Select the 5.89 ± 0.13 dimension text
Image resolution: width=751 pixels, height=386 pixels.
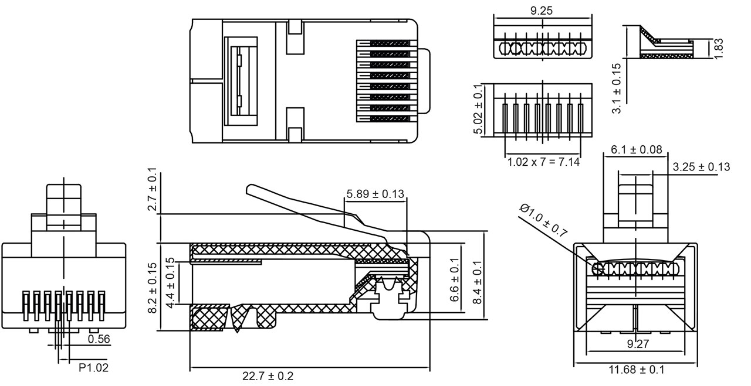click(375, 194)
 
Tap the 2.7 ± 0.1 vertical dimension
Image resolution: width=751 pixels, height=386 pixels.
click(153, 190)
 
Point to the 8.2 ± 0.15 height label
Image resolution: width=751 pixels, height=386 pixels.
click(153, 288)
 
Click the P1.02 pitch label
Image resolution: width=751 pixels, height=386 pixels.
click(93, 368)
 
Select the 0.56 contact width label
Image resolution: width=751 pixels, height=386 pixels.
click(99, 339)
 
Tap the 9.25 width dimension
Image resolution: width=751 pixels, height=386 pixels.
click(541, 11)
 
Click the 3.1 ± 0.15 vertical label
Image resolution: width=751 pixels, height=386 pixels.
click(615, 88)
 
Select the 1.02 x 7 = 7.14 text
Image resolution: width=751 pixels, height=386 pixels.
click(543, 161)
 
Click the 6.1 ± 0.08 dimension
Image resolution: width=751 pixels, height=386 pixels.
click(637, 150)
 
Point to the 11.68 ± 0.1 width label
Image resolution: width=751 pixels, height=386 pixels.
click(637, 370)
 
